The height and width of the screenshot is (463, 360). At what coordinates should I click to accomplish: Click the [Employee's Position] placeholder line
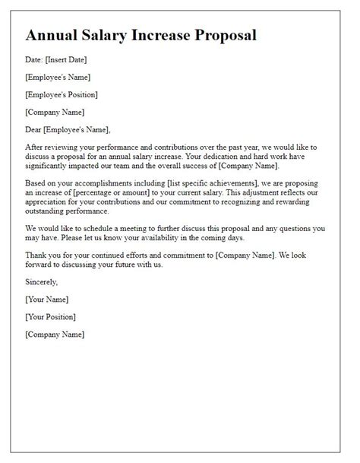61,94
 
